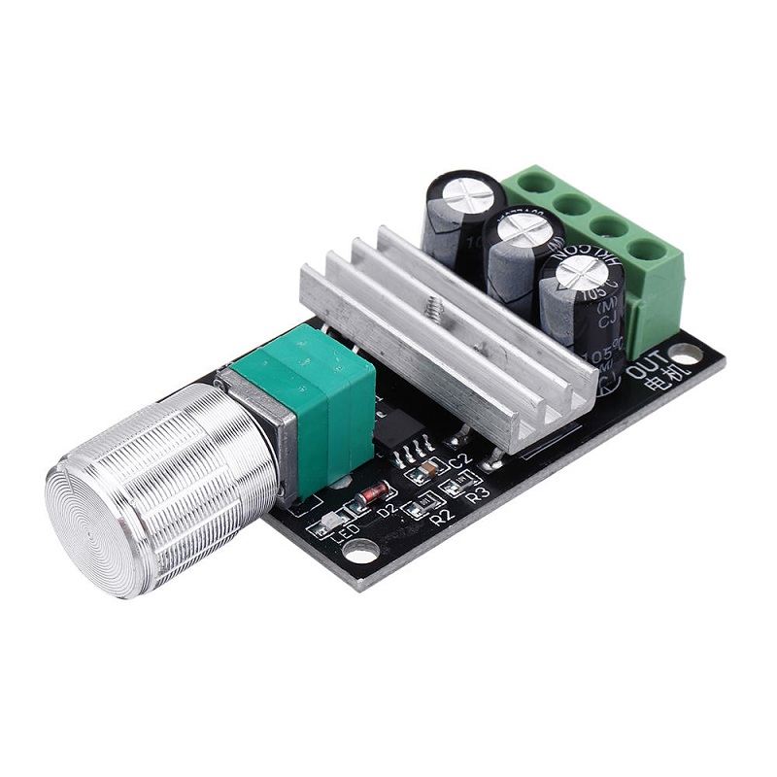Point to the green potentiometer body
tap(321, 384)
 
